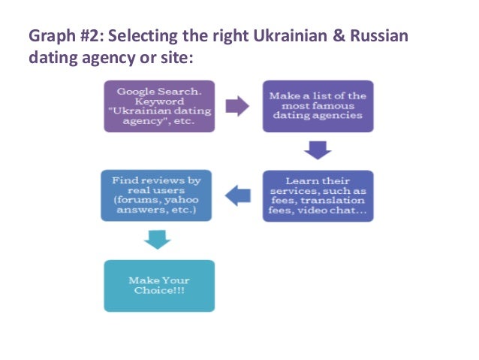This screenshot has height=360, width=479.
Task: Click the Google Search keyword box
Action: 158,106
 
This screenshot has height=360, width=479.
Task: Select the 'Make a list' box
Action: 318,106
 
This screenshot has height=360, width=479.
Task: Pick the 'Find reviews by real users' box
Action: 156,195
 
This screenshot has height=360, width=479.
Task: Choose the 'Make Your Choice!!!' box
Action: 159,285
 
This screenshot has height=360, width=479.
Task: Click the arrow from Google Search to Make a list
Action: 238,106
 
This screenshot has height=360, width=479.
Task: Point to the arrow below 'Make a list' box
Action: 318,151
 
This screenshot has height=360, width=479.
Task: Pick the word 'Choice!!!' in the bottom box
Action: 158,292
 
